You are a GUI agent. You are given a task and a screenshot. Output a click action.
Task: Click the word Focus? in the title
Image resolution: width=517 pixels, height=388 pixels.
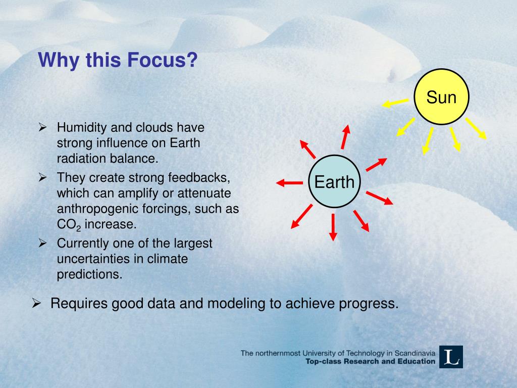[x=162, y=60]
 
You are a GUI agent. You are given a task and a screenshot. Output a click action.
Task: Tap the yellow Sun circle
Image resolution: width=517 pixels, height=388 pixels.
[x=441, y=96]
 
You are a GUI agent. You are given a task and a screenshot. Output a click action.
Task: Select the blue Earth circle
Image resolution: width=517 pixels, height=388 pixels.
[x=334, y=181]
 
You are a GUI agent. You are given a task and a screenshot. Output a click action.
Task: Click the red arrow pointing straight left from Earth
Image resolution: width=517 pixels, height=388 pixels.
[x=289, y=182]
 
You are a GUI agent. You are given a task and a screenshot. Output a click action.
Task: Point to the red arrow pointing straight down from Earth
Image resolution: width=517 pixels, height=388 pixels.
[x=333, y=227]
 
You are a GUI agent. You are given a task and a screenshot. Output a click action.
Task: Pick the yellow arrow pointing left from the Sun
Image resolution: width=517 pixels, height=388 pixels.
[x=395, y=103]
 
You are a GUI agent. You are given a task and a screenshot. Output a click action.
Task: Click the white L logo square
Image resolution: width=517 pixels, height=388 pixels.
[x=451, y=357]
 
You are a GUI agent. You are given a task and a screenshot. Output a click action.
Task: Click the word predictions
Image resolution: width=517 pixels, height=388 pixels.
[x=90, y=274]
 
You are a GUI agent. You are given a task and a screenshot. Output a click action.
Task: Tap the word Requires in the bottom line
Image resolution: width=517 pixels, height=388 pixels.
[x=79, y=304]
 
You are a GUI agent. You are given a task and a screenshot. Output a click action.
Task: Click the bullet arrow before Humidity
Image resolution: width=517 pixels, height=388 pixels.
[x=42, y=127]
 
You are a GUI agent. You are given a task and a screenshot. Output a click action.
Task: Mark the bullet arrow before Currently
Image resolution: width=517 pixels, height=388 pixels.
[x=42, y=243]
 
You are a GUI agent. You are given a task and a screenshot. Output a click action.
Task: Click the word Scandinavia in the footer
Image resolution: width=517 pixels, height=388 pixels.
[x=415, y=353]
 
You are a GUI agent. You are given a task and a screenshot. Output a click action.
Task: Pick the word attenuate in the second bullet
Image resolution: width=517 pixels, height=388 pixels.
[x=204, y=193]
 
